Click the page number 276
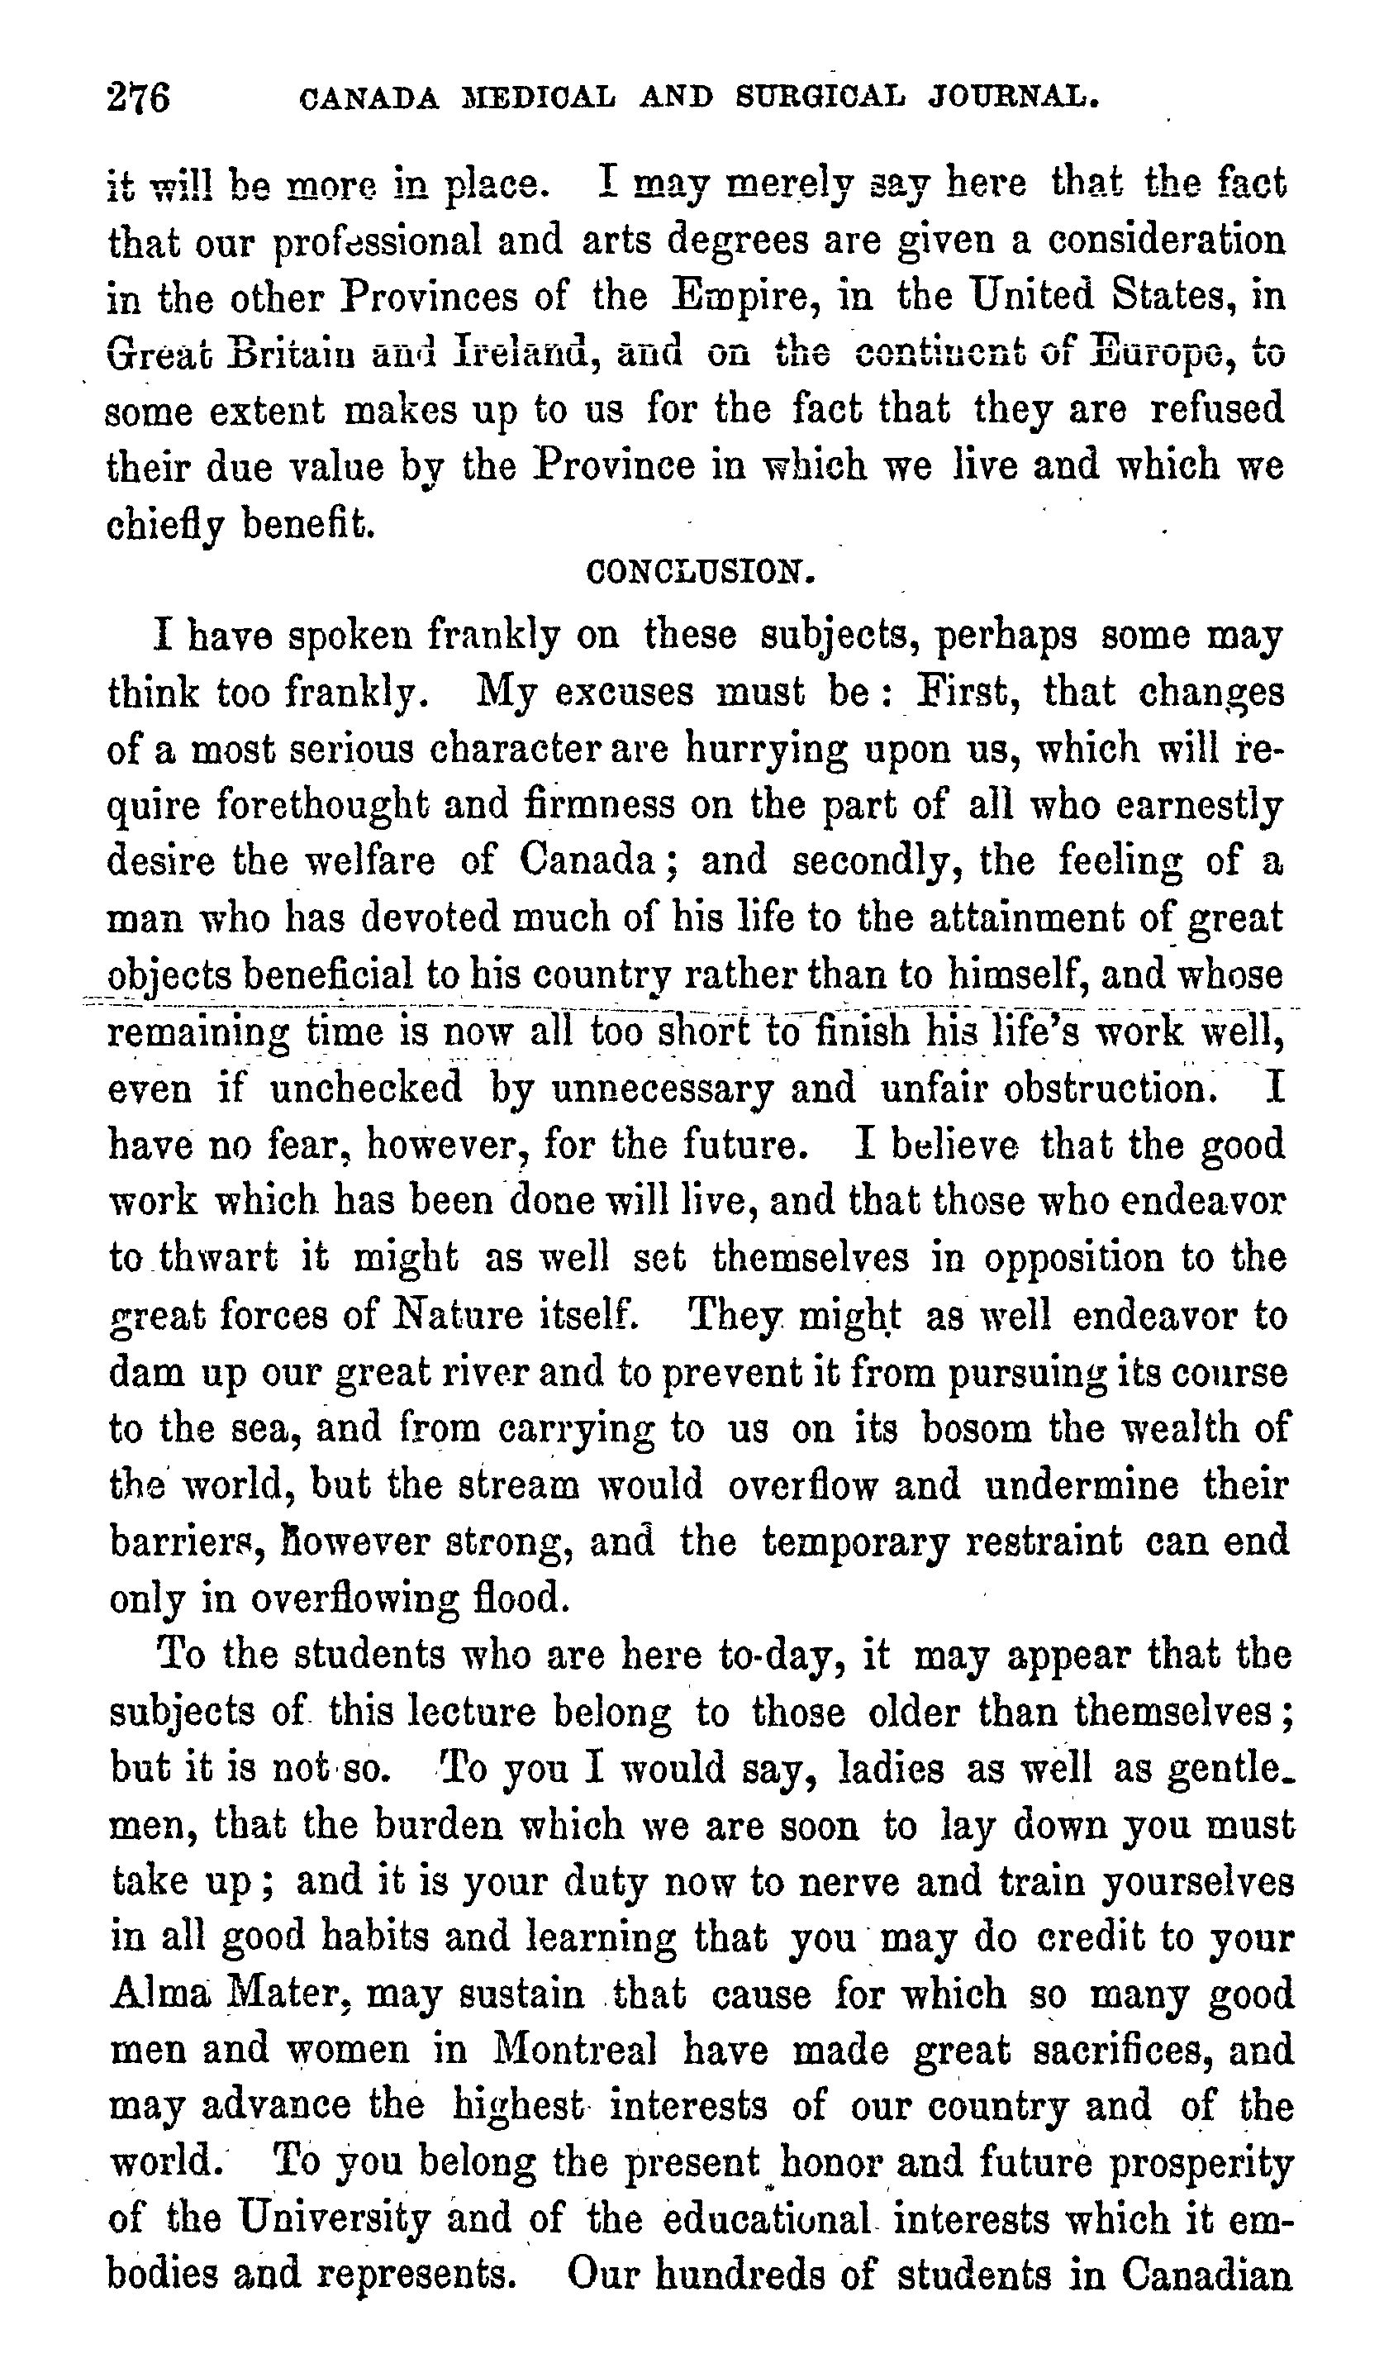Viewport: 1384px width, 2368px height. (139, 97)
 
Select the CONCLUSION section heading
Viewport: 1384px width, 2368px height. (699, 571)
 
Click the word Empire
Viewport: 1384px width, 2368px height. (741, 297)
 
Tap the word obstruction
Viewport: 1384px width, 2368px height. (1111, 1089)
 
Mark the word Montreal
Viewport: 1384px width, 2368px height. (575, 2051)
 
